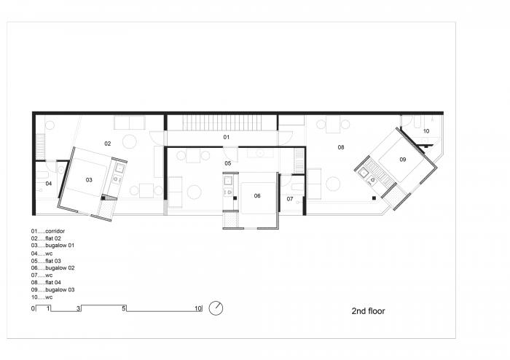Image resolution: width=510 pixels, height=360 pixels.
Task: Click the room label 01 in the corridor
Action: (x=226, y=137)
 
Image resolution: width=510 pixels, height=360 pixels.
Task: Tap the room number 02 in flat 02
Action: (x=107, y=143)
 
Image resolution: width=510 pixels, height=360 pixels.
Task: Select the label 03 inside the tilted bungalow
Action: (x=89, y=179)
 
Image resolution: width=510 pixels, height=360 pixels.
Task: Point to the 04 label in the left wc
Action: (x=49, y=184)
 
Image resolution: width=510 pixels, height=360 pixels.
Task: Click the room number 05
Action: (x=227, y=163)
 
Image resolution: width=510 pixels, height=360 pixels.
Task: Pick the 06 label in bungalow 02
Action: (x=257, y=195)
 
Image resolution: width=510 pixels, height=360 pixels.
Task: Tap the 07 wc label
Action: (x=289, y=198)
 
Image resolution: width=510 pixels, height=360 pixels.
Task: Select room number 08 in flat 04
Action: (x=340, y=147)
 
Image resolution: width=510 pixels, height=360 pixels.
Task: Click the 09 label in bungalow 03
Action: (x=402, y=159)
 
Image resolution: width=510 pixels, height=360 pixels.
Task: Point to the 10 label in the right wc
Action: (x=425, y=131)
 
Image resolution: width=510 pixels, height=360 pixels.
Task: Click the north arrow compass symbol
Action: (x=216, y=308)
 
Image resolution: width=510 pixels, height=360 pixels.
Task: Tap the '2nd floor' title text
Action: (x=368, y=310)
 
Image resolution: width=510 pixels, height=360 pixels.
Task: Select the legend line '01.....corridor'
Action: (x=53, y=231)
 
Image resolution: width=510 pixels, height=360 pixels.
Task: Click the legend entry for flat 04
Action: (x=51, y=282)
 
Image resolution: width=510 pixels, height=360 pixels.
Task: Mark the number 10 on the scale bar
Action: (x=197, y=309)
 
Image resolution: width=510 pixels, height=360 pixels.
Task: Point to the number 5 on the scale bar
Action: (x=125, y=309)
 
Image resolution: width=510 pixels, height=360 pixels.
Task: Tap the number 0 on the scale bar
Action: (x=33, y=309)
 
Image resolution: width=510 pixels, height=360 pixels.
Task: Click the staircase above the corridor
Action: (x=220, y=122)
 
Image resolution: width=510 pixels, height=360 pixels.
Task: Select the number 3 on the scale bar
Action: (x=78, y=309)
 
